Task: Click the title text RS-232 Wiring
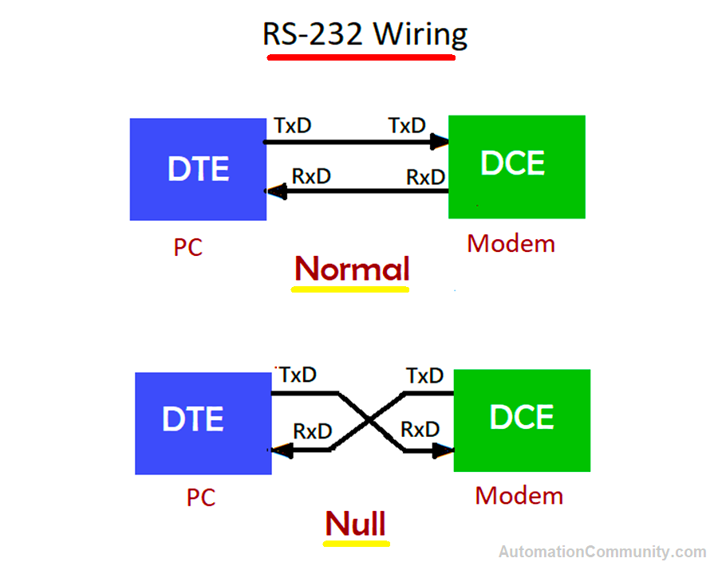365,34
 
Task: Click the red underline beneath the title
361,57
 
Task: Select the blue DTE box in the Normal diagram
198,169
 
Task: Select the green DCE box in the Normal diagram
516,166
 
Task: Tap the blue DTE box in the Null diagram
203,423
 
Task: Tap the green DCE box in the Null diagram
522,420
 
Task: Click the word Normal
352,269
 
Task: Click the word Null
356,524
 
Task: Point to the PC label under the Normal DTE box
188,247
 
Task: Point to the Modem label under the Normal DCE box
511,243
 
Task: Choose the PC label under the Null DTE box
201,497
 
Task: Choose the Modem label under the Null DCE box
519,496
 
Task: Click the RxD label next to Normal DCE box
425,177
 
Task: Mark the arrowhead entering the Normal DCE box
439,143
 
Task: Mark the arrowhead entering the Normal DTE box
276,191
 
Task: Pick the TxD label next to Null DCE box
424,375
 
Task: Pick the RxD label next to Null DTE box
312,431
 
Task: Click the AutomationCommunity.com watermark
602,552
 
